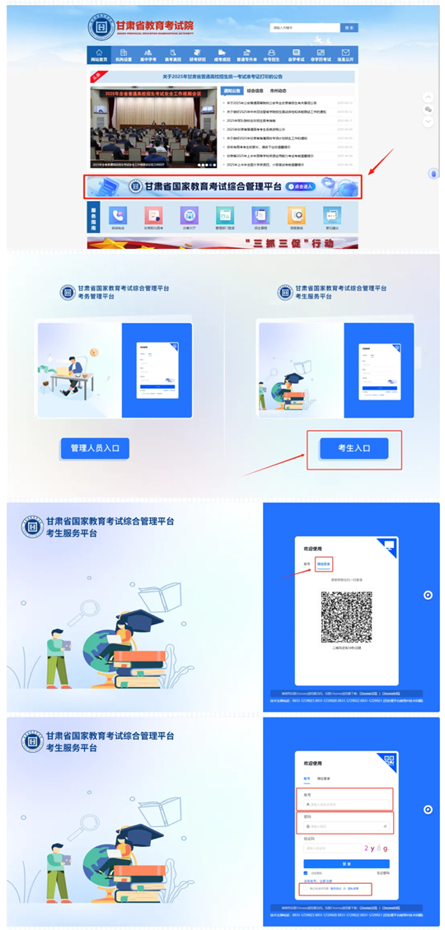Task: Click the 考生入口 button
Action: coord(354,448)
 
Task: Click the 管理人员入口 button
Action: coord(95,448)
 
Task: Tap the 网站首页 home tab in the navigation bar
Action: coord(99,56)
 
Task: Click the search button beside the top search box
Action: coord(349,28)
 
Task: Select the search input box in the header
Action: coord(304,28)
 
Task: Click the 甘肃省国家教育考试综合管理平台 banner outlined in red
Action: coord(223,187)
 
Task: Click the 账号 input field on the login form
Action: coord(345,803)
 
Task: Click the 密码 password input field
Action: coord(345,825)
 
